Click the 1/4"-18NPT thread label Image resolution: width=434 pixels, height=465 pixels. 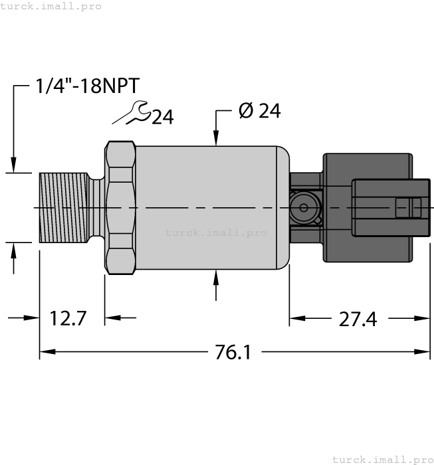click(87, 87)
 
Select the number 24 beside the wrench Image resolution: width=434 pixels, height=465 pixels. click(163, 118)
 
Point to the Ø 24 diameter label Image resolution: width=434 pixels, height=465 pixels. click(259, 111)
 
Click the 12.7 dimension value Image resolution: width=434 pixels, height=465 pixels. click(68, 318)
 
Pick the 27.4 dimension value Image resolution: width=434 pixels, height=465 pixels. click(358, 320)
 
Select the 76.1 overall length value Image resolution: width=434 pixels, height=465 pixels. click(233, 352)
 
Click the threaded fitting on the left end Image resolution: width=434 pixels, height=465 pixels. click(64, 207)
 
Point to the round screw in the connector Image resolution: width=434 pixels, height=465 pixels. click(303, 208)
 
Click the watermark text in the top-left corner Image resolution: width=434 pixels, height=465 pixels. click(51, 6)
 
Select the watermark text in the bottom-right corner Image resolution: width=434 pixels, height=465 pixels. click(382, 459)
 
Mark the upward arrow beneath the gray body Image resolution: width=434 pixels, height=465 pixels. click(216, 279)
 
